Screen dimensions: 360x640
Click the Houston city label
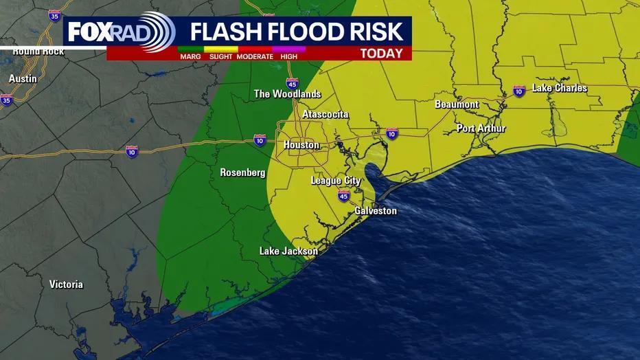click(x=301, y=145)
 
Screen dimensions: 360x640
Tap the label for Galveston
click(x=376, y=211)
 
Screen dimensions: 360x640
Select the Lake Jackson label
click(x=288, y=251)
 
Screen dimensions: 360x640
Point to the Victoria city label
click(x=66, y=284)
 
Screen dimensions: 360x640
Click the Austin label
click(x=23, y=79)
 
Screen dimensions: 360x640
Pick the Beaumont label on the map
click(x=457, y=104)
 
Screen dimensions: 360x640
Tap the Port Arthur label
click(x=481, y=128)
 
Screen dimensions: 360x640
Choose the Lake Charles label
click(x=560, y=88)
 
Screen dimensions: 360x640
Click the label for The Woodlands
click(x=287, y=94)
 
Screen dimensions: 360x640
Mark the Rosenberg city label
click(x=242, y=172)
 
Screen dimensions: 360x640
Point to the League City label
click(x=336, y=181)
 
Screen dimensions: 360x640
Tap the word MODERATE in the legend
click(x=255, y=56)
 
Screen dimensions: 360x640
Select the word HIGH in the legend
click(x=288, y=56)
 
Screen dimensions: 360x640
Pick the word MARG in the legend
click(x=190, y=56)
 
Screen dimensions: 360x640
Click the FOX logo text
click(x=93, y=32)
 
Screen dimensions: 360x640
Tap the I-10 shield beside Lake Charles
click(x=519, y=91)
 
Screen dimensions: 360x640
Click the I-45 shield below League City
click(x=344, y=196)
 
